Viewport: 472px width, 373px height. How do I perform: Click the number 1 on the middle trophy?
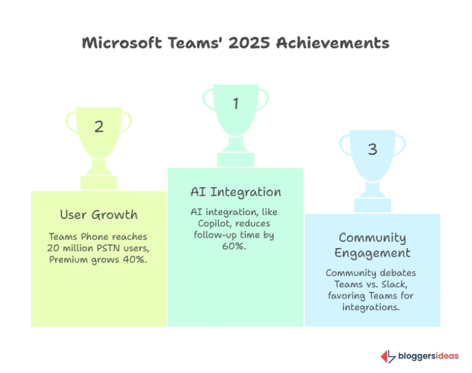[x=235, y=104]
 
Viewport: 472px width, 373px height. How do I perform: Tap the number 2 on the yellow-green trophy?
[x=99, y=127]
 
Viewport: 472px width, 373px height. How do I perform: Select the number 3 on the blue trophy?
[x=372, y=150]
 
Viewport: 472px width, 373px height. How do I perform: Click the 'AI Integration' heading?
[x=235, y=191]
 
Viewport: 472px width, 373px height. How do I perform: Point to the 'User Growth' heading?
[x=99, y=215]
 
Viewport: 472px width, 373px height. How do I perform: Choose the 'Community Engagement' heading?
[x=372, y=245]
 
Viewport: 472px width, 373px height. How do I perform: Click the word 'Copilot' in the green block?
[x=209, y=223]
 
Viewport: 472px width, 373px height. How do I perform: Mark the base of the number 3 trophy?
[x=372, y=205]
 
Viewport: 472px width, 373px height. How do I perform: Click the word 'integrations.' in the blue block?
[x=372, y=307]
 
